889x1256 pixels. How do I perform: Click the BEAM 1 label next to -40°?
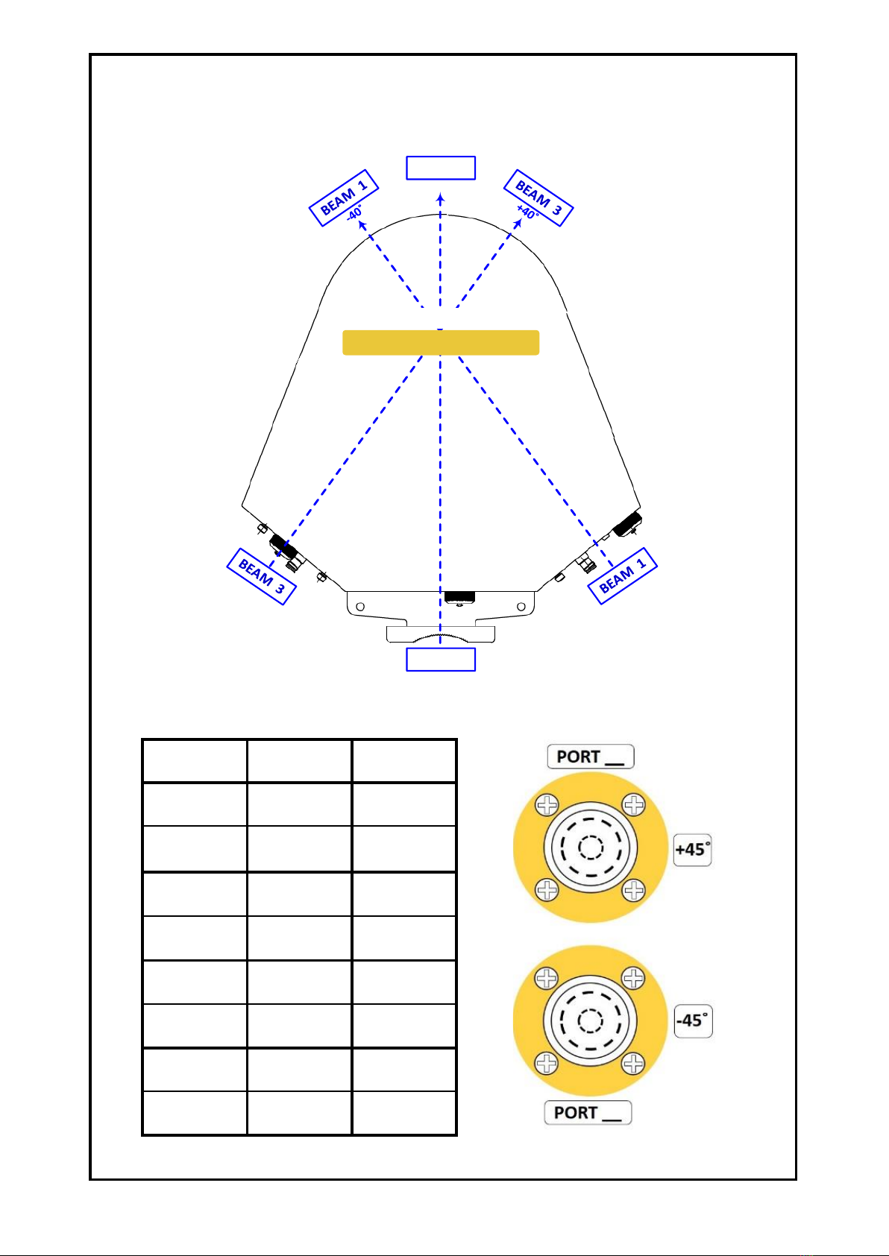pyautogui.click(x=344, y=198)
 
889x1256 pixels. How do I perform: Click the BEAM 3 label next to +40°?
pyautogui.click(x=538, y=198)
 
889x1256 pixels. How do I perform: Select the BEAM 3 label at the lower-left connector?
pyautogui.click(x=261, y=576)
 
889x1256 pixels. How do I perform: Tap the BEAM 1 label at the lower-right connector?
pyautogui.click(x=622, y=576)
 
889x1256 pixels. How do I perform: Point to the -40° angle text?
pyautogui.click(x=354, y=213)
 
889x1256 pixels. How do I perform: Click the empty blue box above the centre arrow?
pyautogui.click(x=441, y=168)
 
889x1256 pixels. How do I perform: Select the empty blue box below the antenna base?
pyautogui.click(x=441, y=660)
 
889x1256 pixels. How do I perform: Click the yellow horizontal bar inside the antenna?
pyautogui.click(x=441, y=343)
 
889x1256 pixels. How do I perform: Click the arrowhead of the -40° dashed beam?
pyautogui.click(x=362, y=225)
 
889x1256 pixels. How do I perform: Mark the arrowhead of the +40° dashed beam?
pyautogui.click(x=518, y=223)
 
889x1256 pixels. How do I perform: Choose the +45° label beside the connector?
pyautogui.click(x=693, y=850)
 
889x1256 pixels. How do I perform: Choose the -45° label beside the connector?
pyautogui.click(x=694, y=1020)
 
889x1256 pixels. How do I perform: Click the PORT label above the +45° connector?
pyautogui.click(x=591, y=757)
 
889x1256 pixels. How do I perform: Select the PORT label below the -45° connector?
pyautogui.click(x=588, y=1112)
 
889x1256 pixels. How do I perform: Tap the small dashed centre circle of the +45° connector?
pyautogui.click(x=591, y=848)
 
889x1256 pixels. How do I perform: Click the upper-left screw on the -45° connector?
pyautogui.click(x=547, y=979)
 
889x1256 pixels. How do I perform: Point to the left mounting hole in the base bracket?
pyautogui.click(x=360, y=607)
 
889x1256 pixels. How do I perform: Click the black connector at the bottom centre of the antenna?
pyautogui.click(x=459, y=597)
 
